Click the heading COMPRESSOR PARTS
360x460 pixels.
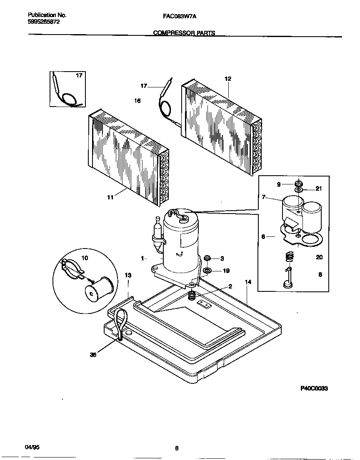coord(184,33)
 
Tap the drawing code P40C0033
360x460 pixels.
coord(314,388)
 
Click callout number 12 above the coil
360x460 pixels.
coord(227,79)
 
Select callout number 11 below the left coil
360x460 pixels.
coord(110,198)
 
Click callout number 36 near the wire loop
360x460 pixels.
coord(93,355)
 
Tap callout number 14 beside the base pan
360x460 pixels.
coord(248,282)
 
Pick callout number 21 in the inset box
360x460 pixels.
coord(319,189)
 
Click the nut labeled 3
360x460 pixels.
coord(207,258)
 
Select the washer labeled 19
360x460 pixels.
coord(207,271)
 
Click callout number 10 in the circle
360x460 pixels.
coord(85,258)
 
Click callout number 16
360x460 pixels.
coord(137,101)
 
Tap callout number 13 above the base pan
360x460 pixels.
coord(128,276)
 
